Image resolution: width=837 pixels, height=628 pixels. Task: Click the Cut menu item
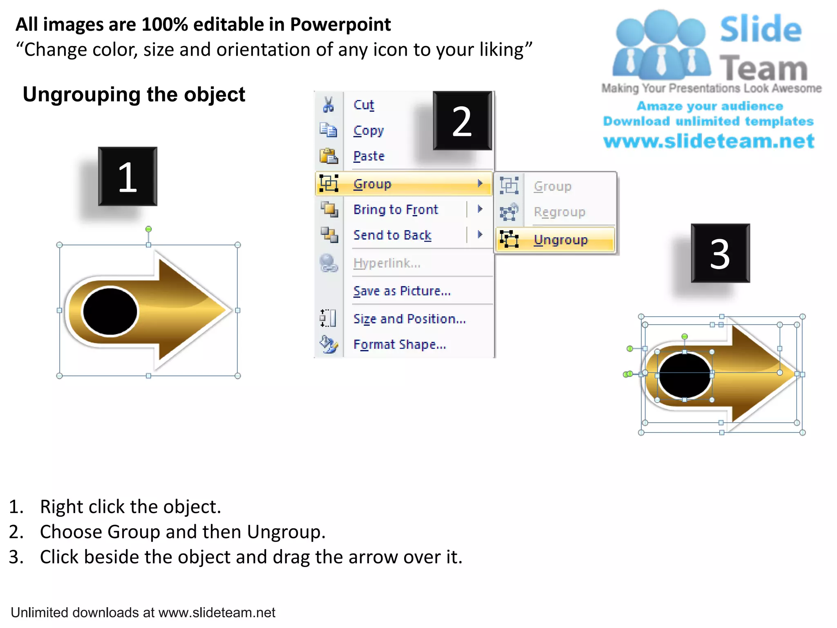click(x=364, y=105)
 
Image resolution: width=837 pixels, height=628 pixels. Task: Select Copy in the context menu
click(x=369, y=131)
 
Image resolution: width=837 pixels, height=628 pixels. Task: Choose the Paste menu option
click(x=369, y=156)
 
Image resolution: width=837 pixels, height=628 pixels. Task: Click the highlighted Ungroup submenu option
click(x=560, y=240)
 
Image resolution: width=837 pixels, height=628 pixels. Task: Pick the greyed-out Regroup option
click(x=559, y=212)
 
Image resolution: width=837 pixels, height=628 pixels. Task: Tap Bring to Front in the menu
click(x=396, y=210)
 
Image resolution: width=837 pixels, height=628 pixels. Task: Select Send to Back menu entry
click(x=392, y=235)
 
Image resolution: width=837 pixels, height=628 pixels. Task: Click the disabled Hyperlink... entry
click(x=387, y=263)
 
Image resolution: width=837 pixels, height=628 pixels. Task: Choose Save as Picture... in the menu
click(x=402, y=291)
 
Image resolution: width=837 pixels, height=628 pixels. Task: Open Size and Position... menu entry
click(x=410, y=319)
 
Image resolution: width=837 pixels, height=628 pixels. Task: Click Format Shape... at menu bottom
click(x=399, y=345)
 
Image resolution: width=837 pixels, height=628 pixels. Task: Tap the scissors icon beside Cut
click(x=328, y=105)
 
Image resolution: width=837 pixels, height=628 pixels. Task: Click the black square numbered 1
click(x=128, y=177)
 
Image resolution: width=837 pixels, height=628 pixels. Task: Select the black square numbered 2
click(x=462, y=121)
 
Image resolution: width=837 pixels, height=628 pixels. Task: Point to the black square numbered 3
click(x=720, y=253)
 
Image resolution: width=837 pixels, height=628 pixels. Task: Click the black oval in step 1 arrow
click(x=110, y=312)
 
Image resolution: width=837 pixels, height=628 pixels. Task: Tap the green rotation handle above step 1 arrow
click(x=149, y=229)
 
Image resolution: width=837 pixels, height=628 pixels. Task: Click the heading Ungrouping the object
click(x=134, y=94)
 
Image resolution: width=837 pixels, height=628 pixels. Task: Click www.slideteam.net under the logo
click(x=709, y=141)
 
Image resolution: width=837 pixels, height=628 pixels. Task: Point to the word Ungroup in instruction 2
click(x=286, y=532)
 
